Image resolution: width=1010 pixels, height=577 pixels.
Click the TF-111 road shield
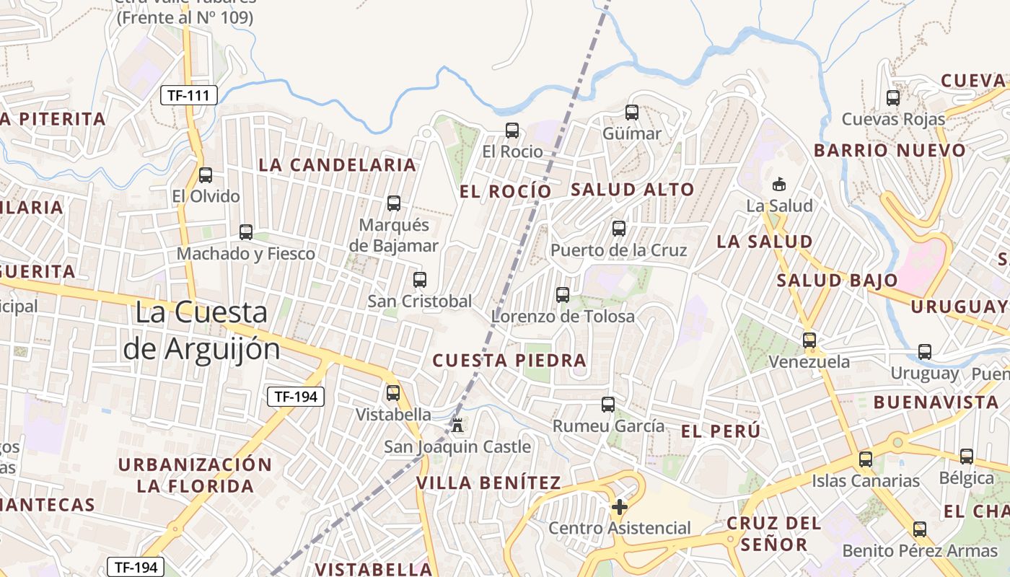pyautogui.click(x=188, y=94)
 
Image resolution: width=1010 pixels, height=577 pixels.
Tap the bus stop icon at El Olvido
pyautogui.click(x=206, y=175)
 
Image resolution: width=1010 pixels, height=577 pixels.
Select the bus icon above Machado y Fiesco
pyautogui.click(x=246, y=232)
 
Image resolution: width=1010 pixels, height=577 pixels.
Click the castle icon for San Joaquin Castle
pyautogui.click(x=457, y=425)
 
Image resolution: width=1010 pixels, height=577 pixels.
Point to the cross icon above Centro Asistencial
pyautogui.click(x=619, y=507)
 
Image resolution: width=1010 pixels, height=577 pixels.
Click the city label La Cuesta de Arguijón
pyautogui.click(x=201, y=330)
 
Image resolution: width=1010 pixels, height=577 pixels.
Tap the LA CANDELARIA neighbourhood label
pyautogui.click(x=338, y=165)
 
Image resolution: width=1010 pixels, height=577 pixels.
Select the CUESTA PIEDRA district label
pyautogui.click(x=509, y=361)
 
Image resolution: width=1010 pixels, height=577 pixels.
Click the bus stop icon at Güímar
pyautogui.click(x=632, y=113)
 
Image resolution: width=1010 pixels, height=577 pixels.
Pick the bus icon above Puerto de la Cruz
pyautogui.click(x=619, y=229)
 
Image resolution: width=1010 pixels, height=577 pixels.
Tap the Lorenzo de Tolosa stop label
pyautogui.click(x=563, y=316)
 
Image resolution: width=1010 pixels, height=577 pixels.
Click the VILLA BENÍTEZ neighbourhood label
pyautogui.click(x=488, y=483)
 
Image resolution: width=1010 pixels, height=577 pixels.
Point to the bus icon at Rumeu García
pyautogui.click(x=608, y=405)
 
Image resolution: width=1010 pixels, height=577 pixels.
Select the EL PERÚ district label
pyautogui.click(x=721, y=431)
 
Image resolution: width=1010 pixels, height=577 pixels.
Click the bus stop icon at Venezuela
pyautogui.click(x=809, y=340)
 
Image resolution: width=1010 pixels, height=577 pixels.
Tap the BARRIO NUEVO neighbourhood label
pyautogui.click(x=890, y=151)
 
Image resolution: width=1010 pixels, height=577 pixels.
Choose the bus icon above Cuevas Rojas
pyautogui.click(x=893, y=98)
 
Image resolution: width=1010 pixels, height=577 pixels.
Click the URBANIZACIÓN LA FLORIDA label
pyautogui.click(x=196, y=475)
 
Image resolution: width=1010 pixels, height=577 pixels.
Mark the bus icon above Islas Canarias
pyautogui.click(x=866, y=459)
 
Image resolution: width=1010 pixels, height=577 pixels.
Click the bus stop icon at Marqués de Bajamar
pyautogui.click(x=394, y=203)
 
